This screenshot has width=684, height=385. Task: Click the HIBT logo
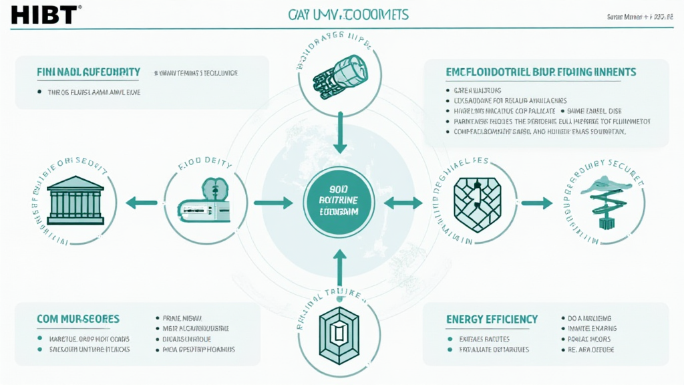41,14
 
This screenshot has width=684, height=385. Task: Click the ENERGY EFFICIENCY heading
492,319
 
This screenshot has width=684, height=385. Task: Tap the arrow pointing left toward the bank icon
142,201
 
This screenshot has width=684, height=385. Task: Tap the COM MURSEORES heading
78,319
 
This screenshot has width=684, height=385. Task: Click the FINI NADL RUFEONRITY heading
88,72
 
